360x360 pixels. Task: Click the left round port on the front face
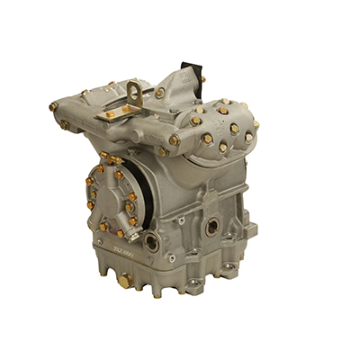pyautogui.click(x=150, y=242)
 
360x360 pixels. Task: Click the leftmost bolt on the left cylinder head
pyautogui.click(x=53, y=107)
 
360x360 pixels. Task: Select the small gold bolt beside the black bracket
pyautogui.click(x=202, y=79)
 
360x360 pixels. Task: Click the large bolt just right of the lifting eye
pyautogui.click(x=159, y=93)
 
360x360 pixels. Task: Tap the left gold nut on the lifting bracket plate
pyautogui.click(x=110, y=115)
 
